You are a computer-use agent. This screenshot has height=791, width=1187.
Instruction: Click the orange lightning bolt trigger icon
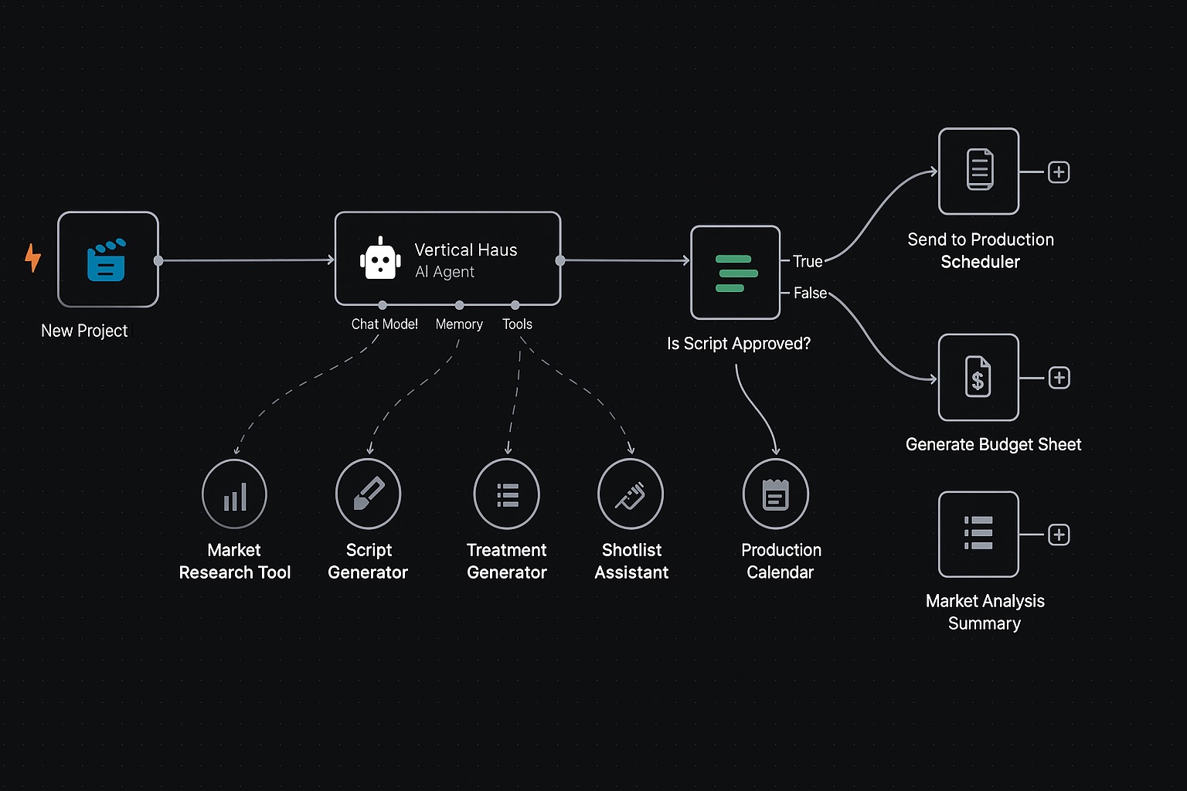click(32, 258)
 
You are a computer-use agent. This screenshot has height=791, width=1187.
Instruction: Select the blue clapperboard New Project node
click(108, 260)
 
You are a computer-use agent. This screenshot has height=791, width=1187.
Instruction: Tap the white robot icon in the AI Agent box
click(380, 260)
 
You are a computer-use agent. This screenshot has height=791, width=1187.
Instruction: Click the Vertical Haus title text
click(465, 250)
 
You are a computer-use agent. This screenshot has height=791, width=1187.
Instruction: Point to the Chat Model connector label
click(384, 324)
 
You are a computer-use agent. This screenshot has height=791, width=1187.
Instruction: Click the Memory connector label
click(459, 324)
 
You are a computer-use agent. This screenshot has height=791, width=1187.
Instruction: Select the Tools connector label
click(517, 324)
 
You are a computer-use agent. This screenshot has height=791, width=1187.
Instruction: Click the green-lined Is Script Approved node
click(735, 273)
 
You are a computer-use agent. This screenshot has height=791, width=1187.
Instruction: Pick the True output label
click(808, 262)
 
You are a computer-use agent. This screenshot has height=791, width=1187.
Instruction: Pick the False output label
click(810, 294)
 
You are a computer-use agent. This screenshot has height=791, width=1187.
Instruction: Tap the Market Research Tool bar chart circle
click(234, 494)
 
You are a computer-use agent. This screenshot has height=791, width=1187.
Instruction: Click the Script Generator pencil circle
click(369, 494)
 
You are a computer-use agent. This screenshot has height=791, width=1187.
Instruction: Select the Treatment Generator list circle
click(507, 494)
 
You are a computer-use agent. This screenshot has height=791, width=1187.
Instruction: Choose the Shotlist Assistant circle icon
click(631, 494)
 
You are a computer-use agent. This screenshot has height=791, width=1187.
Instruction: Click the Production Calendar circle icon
click(776, 494)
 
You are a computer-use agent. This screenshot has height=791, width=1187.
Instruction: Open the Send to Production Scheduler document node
click(978, 171)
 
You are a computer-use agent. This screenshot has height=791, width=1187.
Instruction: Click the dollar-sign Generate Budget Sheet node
click(978, 378)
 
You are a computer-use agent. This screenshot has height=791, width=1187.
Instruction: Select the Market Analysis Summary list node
click(978, 535)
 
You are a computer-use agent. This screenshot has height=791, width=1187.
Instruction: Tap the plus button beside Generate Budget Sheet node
click(1059, 378)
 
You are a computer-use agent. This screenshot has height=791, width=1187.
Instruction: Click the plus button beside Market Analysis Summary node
click(1059, 535)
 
